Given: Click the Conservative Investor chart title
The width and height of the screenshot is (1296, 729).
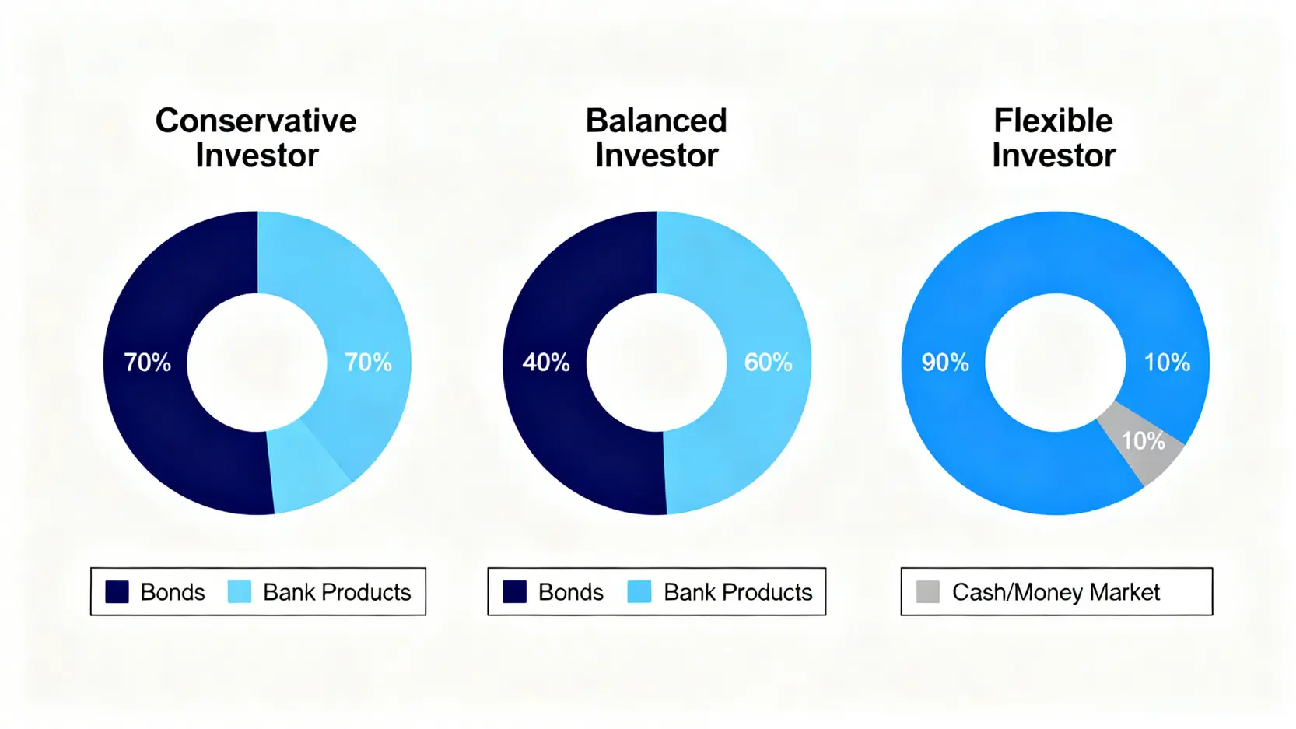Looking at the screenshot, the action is coord(256,138).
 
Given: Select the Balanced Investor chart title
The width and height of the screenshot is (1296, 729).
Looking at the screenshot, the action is coord(656,138).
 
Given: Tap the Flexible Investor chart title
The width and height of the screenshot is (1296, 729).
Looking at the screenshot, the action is coord(1053,138).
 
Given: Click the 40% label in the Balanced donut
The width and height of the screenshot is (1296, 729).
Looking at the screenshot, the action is coord(545,363).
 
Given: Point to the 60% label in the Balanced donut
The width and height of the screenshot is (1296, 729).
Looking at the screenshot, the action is coord(768,363).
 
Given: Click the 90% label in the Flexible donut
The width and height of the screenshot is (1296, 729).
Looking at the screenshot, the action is coord(945,363).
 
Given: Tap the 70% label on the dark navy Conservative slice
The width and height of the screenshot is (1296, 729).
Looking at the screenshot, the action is coord(148,363).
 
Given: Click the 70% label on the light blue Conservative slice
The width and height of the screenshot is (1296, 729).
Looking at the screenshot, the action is coord(368,363).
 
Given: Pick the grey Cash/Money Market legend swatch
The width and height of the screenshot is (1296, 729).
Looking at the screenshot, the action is coord(928,592).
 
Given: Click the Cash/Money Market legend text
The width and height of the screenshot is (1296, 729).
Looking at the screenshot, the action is coord(1056,592).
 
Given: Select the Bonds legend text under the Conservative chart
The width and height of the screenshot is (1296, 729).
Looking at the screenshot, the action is coord(173,592).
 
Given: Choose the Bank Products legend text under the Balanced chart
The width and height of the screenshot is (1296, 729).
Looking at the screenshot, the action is coord(737,592).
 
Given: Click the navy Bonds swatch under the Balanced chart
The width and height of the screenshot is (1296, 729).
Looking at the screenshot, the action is coord(514,592).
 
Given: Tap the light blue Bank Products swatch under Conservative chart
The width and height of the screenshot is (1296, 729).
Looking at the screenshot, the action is coord(240,592).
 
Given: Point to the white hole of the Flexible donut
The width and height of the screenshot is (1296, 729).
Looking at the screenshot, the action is coord(1056,363).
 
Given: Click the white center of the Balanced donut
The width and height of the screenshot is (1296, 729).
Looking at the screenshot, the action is coord(656,363).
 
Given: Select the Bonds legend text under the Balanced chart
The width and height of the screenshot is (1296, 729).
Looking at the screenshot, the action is coord(570,592).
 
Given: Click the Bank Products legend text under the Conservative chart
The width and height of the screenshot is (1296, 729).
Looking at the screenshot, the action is coord(337,592).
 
